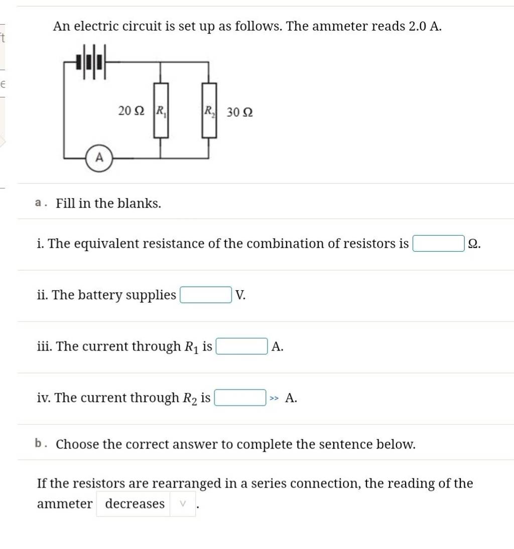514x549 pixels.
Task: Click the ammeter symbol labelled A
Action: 99,158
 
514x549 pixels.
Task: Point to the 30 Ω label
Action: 239,112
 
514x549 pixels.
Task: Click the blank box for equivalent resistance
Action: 438,244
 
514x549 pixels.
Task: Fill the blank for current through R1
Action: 241,346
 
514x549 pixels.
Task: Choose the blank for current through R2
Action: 240,398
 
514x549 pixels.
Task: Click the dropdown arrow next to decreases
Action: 183,503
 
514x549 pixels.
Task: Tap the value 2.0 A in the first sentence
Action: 425,26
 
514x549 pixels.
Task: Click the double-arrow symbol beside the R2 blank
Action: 274,399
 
